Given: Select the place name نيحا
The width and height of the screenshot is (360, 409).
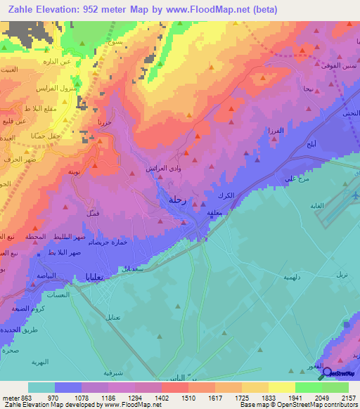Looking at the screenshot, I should click(x=307, y=89).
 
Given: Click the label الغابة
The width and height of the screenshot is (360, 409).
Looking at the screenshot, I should click(x=340, y=207).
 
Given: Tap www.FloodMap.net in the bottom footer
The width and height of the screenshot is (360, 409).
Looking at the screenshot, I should click(x=127, y=405).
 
